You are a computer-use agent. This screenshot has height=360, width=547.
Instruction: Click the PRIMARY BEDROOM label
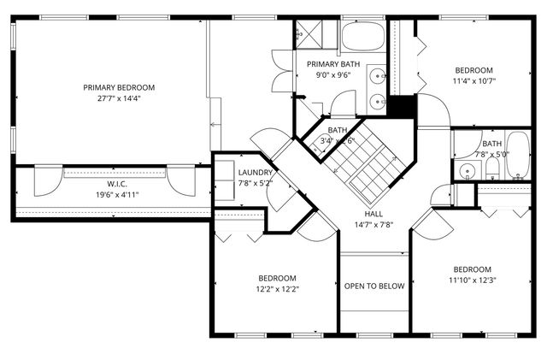click(119, 87)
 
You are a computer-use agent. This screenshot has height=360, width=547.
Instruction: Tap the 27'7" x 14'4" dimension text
click(119, 98)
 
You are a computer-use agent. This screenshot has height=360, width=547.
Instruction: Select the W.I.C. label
click(117, 184)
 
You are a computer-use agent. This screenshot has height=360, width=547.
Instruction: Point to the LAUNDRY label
click(256, 173)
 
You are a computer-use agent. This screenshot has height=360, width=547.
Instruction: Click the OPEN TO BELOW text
click(374, 286)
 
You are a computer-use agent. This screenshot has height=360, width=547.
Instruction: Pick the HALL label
click(373, 214)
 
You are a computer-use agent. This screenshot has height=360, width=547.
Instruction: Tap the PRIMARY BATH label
click(333, 64)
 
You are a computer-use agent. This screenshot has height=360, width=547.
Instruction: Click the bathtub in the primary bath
click(362, 37)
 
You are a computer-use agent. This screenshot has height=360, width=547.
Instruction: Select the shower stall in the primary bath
click(309, 34)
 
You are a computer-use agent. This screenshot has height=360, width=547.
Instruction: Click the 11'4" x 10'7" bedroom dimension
click(474, 81)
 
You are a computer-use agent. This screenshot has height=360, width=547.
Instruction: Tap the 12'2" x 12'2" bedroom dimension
click(278, 290)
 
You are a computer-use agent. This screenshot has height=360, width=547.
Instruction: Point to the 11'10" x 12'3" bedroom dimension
click(473, 280)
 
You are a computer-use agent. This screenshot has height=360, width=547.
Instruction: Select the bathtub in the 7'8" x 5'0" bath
click(518, 155)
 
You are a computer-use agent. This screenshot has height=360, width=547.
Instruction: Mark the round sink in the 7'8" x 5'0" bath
click(468, 171)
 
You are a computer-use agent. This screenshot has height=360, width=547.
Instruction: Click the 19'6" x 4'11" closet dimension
click(117, 195)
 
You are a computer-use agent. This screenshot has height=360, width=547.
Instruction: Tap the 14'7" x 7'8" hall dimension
click(373, 225)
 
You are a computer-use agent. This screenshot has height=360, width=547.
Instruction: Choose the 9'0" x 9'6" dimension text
click(333, 75)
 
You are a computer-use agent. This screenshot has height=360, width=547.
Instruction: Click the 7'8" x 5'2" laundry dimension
click(256, 183)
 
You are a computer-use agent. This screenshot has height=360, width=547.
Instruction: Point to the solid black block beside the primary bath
click(403, 106)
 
